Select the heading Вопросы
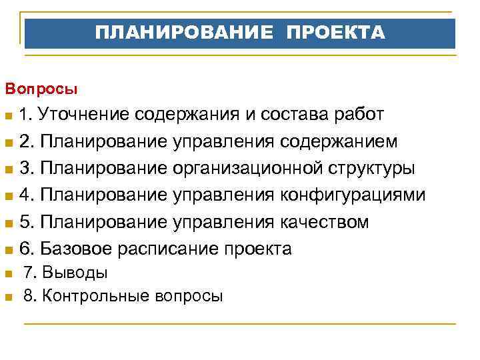click(41, 87)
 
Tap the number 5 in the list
click(25, 222)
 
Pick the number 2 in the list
click(25, 141)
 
